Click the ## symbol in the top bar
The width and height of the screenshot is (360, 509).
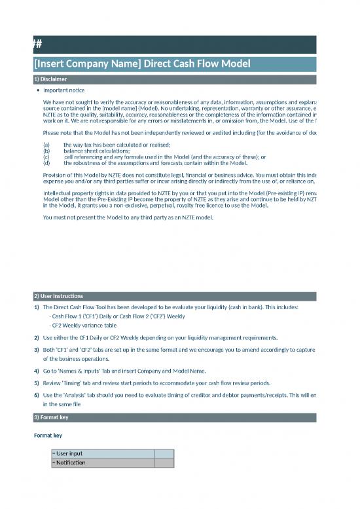[38, 44]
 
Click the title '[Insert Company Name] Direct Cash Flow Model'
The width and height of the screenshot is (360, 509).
[141, 64]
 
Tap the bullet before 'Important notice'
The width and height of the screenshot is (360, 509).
[39, 90]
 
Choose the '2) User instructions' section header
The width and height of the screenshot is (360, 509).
[58, 296]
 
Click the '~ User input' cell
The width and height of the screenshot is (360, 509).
[103, 453]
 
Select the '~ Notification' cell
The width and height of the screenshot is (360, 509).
[103, 462]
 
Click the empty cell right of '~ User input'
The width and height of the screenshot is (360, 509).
[164, 453]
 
